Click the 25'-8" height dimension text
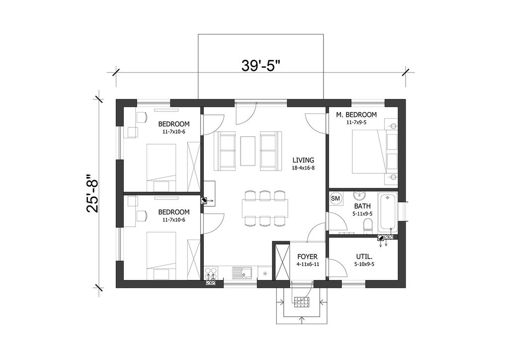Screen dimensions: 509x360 (92, 194)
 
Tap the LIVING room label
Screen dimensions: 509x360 (303, 160)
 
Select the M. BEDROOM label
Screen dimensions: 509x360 (356, 114)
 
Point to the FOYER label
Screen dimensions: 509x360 (308, 257)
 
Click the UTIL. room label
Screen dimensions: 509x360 (364, 257)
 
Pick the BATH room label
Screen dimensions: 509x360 (362, 206)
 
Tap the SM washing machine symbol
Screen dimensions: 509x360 (336, 198)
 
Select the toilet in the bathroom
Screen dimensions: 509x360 (368, 226)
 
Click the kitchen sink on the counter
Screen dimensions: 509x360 (242, 272)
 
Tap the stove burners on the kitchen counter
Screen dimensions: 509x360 (211, 271)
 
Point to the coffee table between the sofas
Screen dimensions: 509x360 (248, 151)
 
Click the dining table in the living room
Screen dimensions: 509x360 (265, 208)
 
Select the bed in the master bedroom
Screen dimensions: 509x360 (369, 152)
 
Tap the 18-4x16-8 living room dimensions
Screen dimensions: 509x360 (303, 168)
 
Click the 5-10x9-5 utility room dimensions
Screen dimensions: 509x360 (364, 264)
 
